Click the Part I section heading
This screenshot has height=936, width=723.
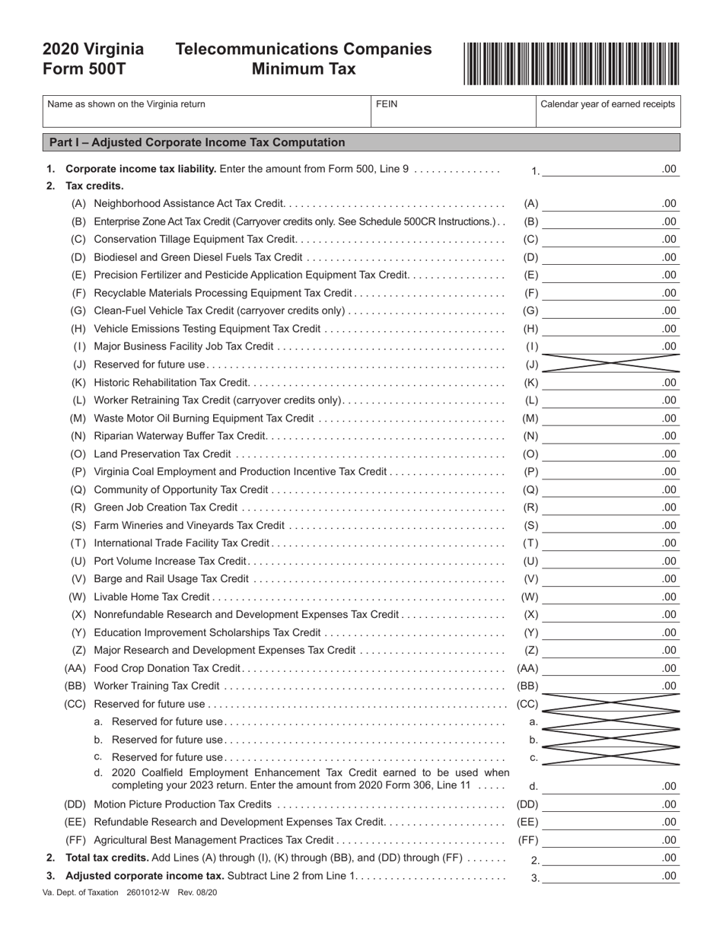pyautogui.click(x=196, y=142)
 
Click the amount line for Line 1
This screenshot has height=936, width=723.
pyautogui.click(x=610, y=169)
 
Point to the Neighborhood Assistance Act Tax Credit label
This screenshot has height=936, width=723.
pyautogui.click(x=189, y=204)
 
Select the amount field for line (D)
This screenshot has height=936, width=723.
pyautogui.click(x=610, y=257)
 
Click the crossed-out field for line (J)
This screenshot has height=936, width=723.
pyautogui.click(x=610, y=365)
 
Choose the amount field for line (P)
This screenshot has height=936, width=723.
pyautogui.click(x=610, y=472)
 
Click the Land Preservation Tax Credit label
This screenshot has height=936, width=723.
pyautogui.click(x=162, y=454)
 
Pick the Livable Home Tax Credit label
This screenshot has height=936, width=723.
pyautogui.click(x=151, y=597)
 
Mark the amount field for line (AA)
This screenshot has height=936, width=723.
pyautogui.click(x=610, y=668)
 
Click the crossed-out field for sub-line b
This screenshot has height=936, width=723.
pyautogui.click(x=610, y=740)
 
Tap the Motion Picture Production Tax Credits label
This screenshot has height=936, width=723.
pyautogui.click(x=182, y=804)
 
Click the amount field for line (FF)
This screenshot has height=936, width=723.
pyautogui.click(x=610, y=840)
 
